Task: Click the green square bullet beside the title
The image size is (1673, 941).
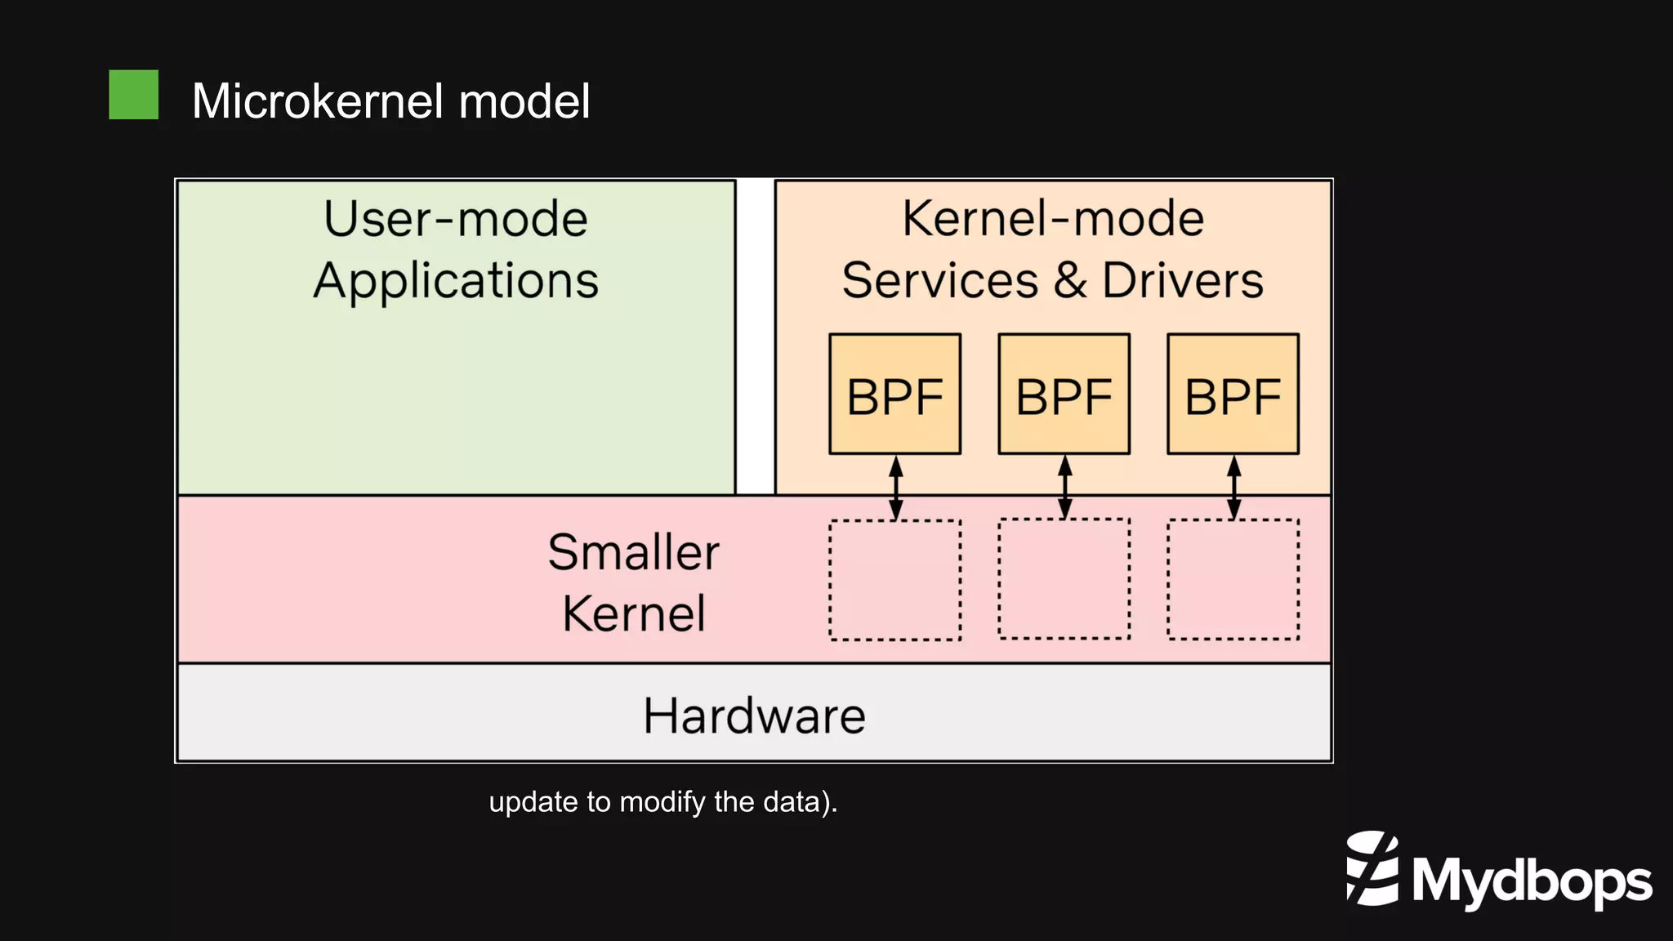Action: point(133,95)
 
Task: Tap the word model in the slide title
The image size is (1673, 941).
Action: point(524,101)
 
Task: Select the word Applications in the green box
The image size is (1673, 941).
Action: point(456,281)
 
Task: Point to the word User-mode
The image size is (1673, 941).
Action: point(456,219)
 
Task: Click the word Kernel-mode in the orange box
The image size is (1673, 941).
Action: point(1053,219)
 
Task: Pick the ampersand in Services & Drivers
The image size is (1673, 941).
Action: point(1070,281)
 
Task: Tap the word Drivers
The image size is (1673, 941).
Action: point(1183,281)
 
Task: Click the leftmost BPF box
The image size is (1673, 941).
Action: point(894,395)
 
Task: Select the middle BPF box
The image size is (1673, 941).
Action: point(1064,395)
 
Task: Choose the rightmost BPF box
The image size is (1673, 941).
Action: point(1233,395)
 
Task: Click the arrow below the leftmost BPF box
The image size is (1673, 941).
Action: point(896,488)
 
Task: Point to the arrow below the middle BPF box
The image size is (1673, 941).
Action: point(1064,487)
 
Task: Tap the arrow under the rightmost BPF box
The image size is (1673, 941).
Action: point(1234,487)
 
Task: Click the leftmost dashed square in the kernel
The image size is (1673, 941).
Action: point(894,580)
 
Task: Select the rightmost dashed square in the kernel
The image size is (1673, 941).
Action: point(1233,579)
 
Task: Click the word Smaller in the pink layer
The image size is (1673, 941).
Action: point(633,552)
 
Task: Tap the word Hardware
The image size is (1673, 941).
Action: point(754,716)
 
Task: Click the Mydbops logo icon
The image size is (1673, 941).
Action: point(1372,868)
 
